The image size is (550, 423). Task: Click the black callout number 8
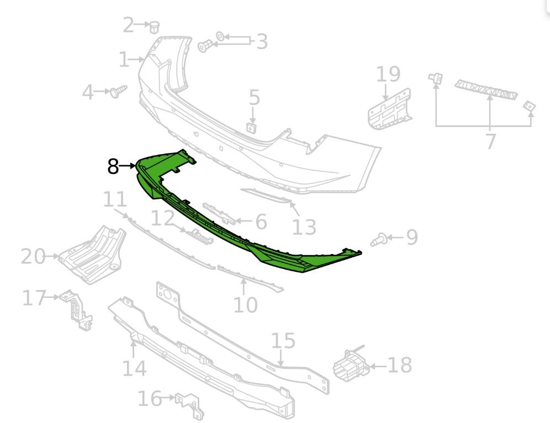[x=113, y=166]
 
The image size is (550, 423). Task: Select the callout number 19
[x=388, y=74]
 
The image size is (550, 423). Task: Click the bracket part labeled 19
[x=389, y=110]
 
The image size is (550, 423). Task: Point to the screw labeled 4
[x=118, y=91]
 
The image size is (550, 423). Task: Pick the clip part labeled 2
[x=154, y=27]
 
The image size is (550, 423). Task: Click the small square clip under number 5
[x=251, y=128]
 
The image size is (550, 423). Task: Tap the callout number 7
[x=490, y=141]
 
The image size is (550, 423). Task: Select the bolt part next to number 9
[x=378, y=240]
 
